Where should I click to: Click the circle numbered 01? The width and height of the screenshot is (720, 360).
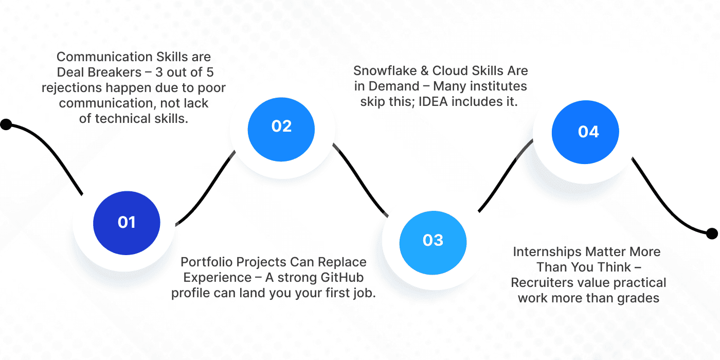coord(126,222)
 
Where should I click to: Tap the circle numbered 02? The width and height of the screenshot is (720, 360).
coord(281,126)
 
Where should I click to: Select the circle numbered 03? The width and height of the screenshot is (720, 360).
coord(433,240)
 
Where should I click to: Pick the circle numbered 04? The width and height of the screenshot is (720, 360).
coord(588,132)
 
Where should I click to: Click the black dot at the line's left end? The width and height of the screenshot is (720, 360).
coord(6,124)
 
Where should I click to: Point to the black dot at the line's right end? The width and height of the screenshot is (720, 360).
coord(712,234)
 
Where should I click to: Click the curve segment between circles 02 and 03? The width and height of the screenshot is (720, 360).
coord(360,180)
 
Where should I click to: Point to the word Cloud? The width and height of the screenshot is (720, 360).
coord(453,70)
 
